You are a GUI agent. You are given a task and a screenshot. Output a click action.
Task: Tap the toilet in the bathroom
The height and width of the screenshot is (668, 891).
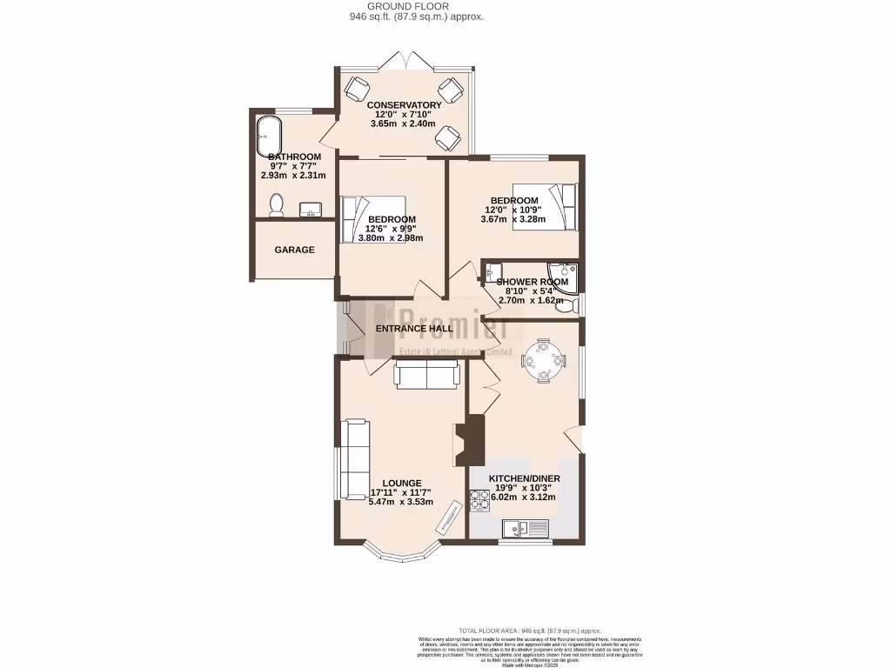pyautogui.click(x=277, y=204)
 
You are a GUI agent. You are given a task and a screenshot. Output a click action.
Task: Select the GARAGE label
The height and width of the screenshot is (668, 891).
pyautogui.click(x=294, y=250)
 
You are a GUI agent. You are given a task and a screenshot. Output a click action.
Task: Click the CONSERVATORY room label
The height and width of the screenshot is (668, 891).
pyautogui.click(x=404, y=105)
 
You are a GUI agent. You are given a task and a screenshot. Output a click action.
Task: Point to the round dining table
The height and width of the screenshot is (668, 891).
pyautogui.click(x=543, y=359)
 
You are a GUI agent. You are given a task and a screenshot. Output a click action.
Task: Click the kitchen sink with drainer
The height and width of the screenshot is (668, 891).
pyautogui.click(x=525, y=527)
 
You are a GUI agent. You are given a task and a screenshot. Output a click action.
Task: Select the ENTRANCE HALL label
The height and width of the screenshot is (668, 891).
pyautogui.click(x=414, y=329)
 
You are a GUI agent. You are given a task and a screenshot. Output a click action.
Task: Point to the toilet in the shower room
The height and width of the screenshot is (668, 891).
pyautogui.click(x=566, y=305)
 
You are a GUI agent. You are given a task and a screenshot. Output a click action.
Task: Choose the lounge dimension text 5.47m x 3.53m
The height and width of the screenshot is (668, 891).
pyautogui.click(x=400, y=502)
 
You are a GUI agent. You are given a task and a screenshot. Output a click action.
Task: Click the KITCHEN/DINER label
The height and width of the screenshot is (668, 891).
pyautogui.click(x=524, y=479)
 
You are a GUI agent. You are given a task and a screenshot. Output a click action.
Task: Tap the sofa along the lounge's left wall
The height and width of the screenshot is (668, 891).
pyautogui.click(x=354, y=459)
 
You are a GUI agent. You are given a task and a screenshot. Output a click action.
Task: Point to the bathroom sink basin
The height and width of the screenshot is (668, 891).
pyautogui.click(x=311, y=210)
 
